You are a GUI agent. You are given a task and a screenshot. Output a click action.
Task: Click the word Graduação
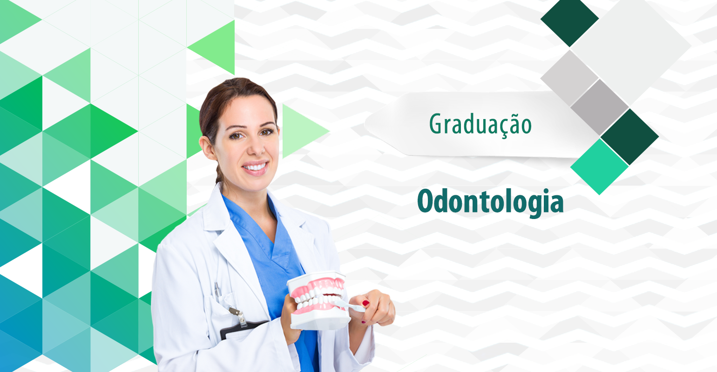click(x=480, y=124)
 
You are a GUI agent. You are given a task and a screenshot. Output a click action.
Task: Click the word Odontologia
click(x=490, y=202)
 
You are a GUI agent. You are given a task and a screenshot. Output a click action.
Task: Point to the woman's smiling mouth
click(x=255, y=167)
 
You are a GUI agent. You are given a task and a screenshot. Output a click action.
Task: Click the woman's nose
click(x=251, y=147)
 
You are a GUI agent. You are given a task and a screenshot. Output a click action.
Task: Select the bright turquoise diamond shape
click(x=600, y=166)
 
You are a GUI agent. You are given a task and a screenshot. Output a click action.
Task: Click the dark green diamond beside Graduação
click(x=629, y=136)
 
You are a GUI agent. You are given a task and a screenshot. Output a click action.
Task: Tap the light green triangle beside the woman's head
click(x=303, y=130)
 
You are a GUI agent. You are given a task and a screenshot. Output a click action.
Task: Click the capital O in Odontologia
click(x=427, y=201)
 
